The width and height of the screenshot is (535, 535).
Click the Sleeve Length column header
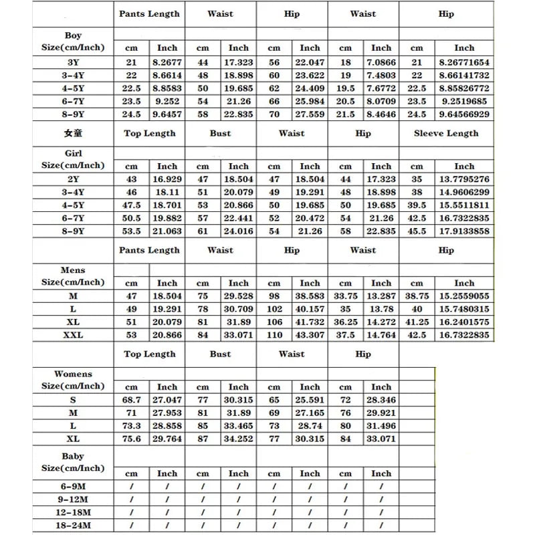446,133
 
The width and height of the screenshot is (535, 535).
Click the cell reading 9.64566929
464,114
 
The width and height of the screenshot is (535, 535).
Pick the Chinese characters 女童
74,133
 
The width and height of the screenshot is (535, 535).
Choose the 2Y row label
73,179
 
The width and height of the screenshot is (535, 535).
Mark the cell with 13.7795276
464,179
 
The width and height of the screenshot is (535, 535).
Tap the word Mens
73,271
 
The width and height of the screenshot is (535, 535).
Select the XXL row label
73,335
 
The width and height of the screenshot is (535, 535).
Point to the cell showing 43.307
310,335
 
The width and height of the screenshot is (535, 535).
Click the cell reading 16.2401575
464,322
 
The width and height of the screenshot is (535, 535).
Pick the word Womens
73,374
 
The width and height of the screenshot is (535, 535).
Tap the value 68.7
131,400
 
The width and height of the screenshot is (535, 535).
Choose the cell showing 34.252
238,439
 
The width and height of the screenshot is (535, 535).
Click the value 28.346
381,400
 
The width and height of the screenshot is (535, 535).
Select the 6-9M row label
73,486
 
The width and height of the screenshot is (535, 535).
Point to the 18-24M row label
73,525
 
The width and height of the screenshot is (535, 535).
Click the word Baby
73,457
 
